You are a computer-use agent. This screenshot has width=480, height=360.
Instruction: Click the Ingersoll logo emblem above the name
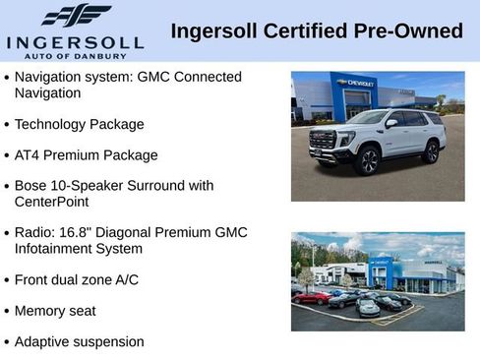tap(76, 15)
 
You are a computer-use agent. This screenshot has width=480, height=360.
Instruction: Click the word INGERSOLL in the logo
tap(75, 42)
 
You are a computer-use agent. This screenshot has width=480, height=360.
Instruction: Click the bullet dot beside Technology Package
tap(8, 126)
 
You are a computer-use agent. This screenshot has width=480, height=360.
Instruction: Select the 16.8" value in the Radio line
tap(81, 232)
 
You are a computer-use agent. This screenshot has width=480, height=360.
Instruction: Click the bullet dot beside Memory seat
tap(8, 312)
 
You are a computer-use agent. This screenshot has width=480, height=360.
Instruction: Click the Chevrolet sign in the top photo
tap(355, 84)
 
